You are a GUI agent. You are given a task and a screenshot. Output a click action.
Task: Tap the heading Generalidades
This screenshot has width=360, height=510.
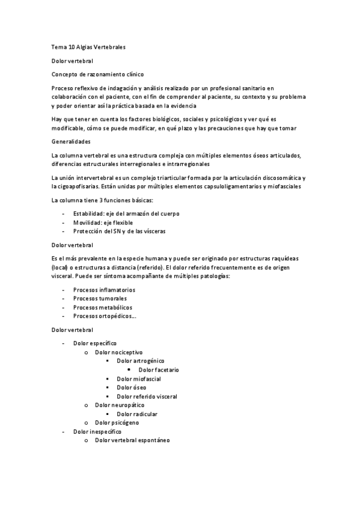point(71,141)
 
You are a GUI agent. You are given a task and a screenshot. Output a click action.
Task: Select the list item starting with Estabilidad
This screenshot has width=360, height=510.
point(126,214)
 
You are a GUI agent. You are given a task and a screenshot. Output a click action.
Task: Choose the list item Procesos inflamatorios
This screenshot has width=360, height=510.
point(104,290)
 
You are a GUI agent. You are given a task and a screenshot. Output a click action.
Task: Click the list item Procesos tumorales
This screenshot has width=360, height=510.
point(100,298)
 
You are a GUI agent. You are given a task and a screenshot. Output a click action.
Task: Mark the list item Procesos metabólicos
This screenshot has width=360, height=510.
point(102,307)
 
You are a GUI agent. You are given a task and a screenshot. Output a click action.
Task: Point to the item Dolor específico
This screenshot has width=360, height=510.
point(95,343)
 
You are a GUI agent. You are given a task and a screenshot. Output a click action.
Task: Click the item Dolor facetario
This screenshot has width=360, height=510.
point(159,370)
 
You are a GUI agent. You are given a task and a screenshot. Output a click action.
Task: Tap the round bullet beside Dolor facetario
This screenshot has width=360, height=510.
point(129,370)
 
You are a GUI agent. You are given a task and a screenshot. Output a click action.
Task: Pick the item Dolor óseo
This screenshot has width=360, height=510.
point(132,387)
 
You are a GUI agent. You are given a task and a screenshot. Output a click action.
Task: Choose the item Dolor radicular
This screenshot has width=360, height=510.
point(138,414)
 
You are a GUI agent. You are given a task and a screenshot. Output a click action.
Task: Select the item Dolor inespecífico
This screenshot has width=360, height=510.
point(97,432)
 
